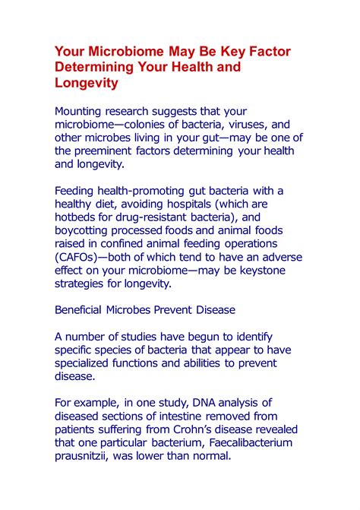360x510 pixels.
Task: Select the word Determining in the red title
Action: tap(95, 67)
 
